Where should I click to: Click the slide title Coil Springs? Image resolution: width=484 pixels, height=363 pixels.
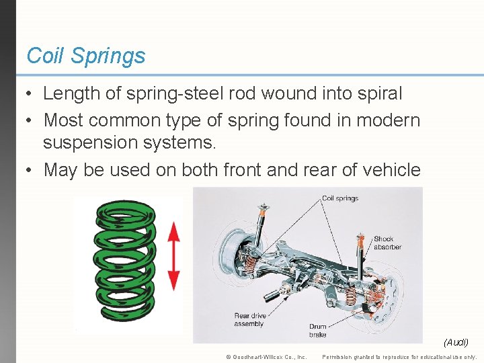pyautogui.click(x=85, y=56)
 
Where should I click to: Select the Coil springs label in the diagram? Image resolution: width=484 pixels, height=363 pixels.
pyautogui.click(x=339, y=198)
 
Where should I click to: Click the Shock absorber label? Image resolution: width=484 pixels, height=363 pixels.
pyautogui.click(x=387, y=243)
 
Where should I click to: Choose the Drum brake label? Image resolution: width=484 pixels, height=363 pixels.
pyautogui.click(x=317, y=330)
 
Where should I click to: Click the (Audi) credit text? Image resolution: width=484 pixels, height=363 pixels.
pyautogui.click(x=456, y=343)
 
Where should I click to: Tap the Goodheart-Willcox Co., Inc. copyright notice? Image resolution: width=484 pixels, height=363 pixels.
pyautogui.click(x=266, y=356)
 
